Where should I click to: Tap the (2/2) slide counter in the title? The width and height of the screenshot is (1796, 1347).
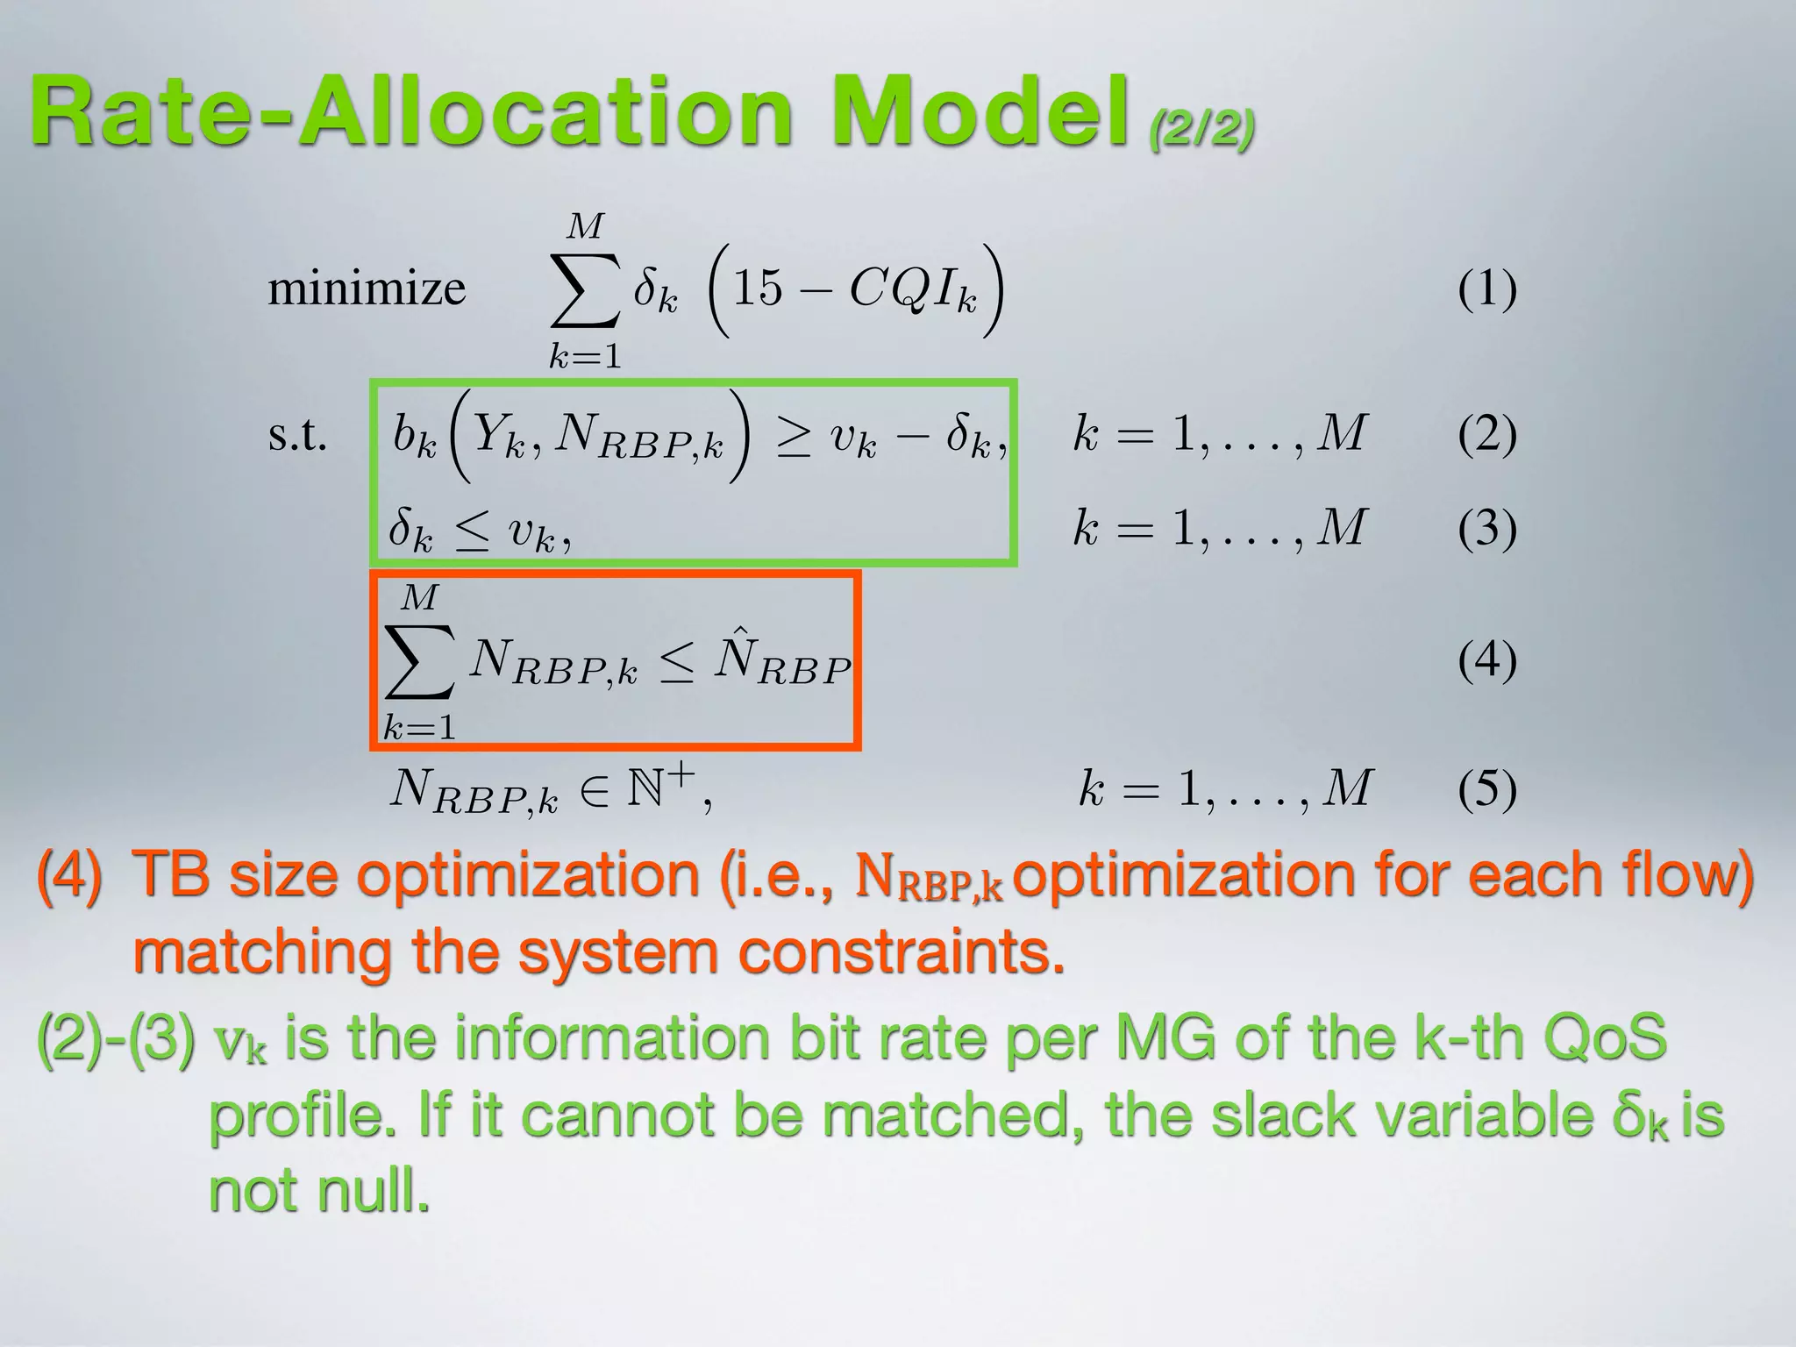click(x=1201, y=129)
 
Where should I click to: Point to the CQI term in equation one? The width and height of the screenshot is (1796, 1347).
click(x=912, y=289)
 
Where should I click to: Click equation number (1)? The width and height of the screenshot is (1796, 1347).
click(x=1487, y=289)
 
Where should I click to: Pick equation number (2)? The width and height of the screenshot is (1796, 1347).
click(x=1487, y=434)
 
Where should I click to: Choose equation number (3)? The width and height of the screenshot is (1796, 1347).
click(x=1487, y=528)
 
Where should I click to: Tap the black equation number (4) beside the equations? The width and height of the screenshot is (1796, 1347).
click(x=1487, y=659)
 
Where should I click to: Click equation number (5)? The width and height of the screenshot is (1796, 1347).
click(x=1487, y=788)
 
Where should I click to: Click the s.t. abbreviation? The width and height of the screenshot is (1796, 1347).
click(x=297, y=435)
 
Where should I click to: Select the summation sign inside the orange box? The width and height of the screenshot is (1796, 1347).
click(x=420, y=661)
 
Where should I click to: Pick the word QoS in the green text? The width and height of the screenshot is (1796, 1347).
click(x=1604, y=1037)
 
